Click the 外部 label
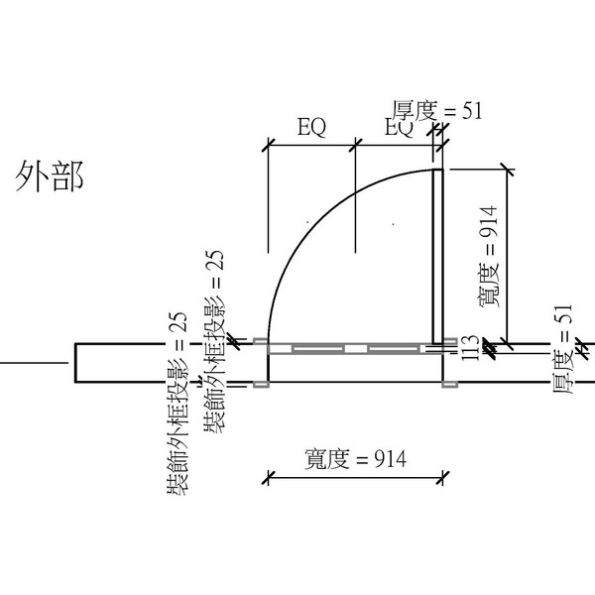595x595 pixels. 49,176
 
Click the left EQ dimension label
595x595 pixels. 312,126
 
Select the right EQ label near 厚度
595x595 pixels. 399,127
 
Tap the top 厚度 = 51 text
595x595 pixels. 436,109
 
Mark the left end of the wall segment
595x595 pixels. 75,363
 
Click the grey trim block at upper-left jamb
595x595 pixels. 260,343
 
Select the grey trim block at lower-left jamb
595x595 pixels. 260,384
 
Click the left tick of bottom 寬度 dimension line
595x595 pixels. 267,480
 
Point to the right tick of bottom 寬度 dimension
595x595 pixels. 441,480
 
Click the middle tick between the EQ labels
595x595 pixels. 355,145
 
